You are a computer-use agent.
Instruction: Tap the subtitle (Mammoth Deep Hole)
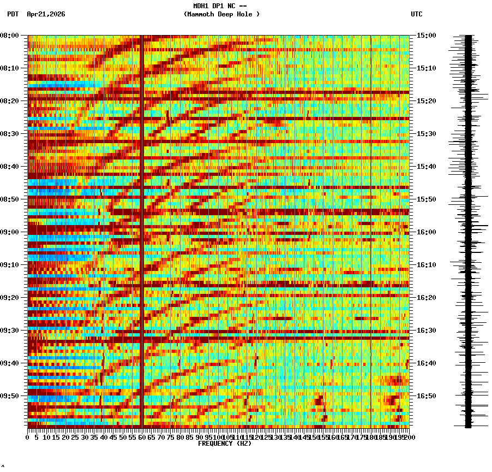(x=221, y=14)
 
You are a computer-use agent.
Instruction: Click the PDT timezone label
(x=13, y=14)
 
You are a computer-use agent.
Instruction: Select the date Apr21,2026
(x=46, y=14)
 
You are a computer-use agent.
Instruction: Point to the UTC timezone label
(x=416, y=14)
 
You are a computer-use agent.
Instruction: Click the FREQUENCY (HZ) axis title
(x=224, y=444)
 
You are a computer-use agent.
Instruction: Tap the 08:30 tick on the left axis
(x=10, y=134)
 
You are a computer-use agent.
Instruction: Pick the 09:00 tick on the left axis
(x=10, y=232)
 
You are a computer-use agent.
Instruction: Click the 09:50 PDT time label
(x=10, y=396)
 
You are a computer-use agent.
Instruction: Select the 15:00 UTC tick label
(x=426, y=36)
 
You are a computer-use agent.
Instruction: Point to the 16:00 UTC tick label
(x=426, y=232)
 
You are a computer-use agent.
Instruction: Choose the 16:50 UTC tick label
(x=426, y=396)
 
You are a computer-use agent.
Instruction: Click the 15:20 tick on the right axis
(x=426, y=101)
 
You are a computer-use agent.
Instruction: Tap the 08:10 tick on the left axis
(x=10, y=68)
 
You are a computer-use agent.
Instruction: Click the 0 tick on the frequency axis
(x=28, y=437)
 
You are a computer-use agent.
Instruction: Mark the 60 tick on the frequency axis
(x=142, y=437)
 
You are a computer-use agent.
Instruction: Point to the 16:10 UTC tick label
(x=426, y=265)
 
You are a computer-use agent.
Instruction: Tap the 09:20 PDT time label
(x=10, y=298)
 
